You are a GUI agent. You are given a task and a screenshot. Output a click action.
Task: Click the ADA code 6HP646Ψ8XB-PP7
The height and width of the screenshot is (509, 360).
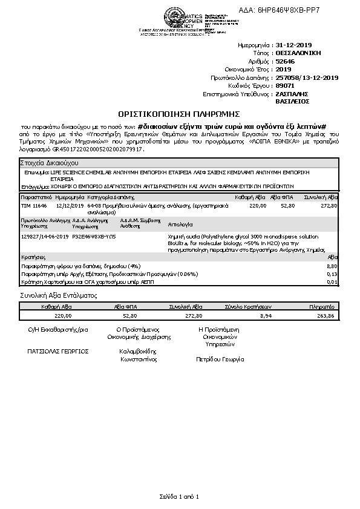(313, 10)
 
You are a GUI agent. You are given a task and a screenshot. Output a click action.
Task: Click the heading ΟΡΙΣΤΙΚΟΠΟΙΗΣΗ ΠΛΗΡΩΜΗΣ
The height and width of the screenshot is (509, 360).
(180, 113)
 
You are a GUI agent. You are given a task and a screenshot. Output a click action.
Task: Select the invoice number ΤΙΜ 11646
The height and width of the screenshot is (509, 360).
(34, 206)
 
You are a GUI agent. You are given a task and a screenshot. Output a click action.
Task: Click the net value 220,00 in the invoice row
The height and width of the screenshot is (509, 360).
(258, 206)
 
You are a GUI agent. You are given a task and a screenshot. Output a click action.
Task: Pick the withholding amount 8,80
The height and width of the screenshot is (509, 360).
(332, 266)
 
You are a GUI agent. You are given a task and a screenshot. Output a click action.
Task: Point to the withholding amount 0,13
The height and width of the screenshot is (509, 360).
(332, 274)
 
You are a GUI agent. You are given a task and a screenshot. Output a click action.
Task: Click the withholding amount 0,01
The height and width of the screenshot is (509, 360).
(332, 281)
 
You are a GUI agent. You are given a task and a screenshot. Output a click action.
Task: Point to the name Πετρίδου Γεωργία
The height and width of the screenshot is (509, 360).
(220, 359)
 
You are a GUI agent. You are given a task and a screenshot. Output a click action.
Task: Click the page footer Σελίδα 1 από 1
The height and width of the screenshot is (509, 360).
(180, 496)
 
